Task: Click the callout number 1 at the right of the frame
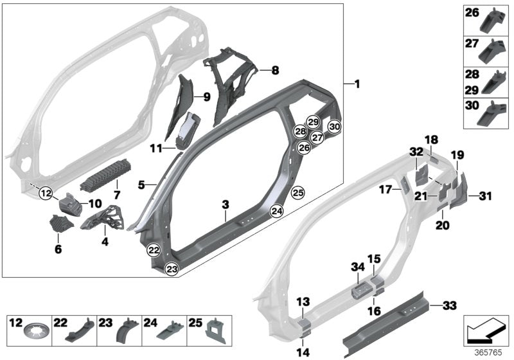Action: point(357,84)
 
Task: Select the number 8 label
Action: point(274,70)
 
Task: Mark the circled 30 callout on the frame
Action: point(334,127)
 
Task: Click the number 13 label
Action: point(302,301)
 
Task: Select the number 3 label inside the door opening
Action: point(225,204)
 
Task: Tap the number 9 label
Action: point(206,98)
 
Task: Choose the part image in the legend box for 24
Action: point(172,333)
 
